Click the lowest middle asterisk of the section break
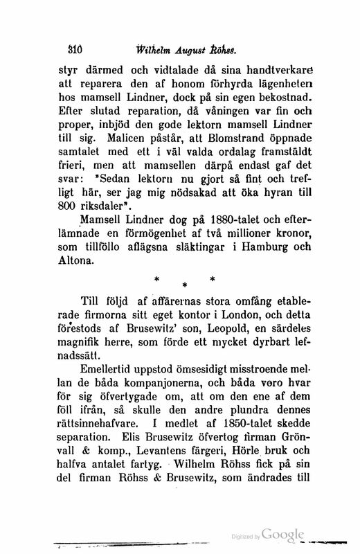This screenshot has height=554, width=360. (185, 285)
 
